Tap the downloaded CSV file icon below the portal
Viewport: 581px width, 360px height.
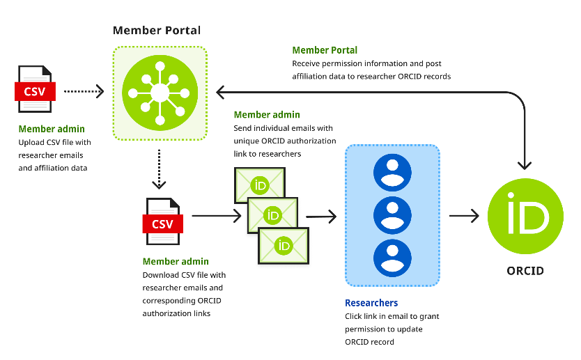click(x=162, y=222)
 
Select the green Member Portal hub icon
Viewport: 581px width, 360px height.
click(x=160, y=92)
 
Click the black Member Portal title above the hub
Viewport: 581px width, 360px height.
click(x=157, y=31)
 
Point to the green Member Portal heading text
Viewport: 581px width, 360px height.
click(x=325, y=50)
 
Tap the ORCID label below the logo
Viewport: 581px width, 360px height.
click(x=525, y=270)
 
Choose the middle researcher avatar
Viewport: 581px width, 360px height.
click(x=392, y=215)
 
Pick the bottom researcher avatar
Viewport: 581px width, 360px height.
click(x=392, y=257)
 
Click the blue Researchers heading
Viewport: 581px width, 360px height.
click(x=371, y=303)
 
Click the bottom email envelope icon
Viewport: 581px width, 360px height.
click(x=284, y=244)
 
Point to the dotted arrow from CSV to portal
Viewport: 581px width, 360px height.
click(x=84, y=91)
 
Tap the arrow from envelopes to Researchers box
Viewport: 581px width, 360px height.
click(x=321, y=217)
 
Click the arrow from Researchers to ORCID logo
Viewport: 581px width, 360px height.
click(x=464, y=216)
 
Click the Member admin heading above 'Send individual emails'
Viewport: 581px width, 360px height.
click(x=267, y=115)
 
